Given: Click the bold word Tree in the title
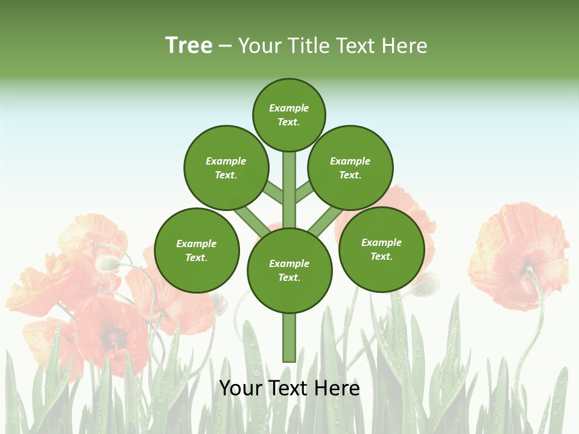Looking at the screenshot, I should pyautogui.click(x=189, y=45).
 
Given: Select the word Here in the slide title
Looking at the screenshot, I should pyautogui.click(x=405, y=46).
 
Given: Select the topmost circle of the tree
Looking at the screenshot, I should pyautogui.click(x=289, y=115).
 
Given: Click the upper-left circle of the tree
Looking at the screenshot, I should pyautogui.click(x=226, y=168).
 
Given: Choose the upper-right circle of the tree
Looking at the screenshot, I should pyautogui.click(x=350, y=168).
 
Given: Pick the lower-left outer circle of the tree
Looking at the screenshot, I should pyautogui.click(x=197, y=250).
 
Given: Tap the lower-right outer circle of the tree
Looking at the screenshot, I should pyautogui.click(x=381, y=249).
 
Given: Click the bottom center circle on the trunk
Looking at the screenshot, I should pyautogui.click(x=289, y=270).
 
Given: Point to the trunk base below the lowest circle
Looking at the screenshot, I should pyautogui.click(x=289, y=338).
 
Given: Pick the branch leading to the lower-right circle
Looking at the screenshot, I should pyautogui.click(x=326, y=222).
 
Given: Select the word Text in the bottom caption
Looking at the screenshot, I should pyautogui.click(x=289, y=388).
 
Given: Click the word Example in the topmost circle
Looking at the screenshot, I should pyautogui.click(x=289, y=108).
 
